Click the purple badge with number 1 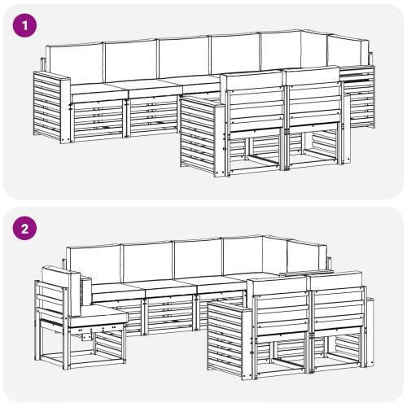coord(24,25)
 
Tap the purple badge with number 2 coord(24,228)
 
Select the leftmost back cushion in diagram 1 coord(75,63)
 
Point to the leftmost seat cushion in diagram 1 coord(99,90)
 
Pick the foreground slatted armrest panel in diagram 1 coord(201,136)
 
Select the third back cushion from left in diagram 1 coord(185,57)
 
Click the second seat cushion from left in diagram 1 coord(155,88)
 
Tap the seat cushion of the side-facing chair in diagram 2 coord(98,316)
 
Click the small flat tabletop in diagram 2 coord(307,273)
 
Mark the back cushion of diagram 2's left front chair coord(278,287)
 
